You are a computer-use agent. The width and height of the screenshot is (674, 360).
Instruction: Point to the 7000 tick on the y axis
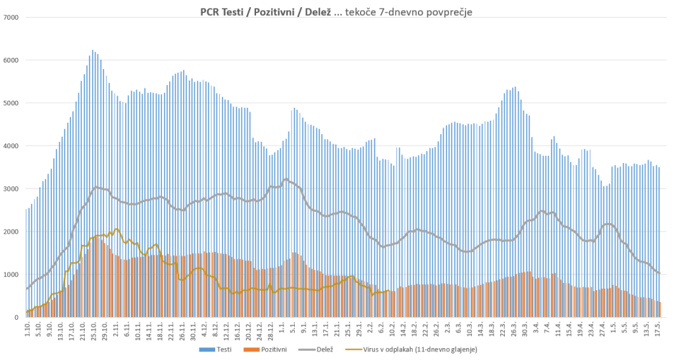pyautogui.click(x=11, y=17)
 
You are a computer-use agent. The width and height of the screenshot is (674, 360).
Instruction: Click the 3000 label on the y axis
pyautogui.click(x=11, y=189)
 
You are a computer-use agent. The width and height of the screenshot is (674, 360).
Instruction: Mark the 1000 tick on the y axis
pyautogui.click(x=11, y=274)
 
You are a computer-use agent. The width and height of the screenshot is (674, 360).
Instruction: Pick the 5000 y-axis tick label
pyautogui.click(x=11, y=103)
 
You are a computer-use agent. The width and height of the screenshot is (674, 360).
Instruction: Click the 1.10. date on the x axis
pyautogui.click(x=27, y=329)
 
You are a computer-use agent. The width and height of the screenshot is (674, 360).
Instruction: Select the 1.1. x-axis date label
pyautogui.click(x=282, y=328)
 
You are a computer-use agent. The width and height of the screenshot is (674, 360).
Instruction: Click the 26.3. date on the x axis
pyautogui.click(x=513, y=330)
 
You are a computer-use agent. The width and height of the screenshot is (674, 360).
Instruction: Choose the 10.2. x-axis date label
pyautogui.click(x=392, y=330)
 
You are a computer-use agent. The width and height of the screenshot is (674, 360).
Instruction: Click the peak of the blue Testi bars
pyautogui.click(x=93, y=51)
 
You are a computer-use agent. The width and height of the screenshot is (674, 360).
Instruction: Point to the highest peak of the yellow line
pyautogui.click(x=117, y=229)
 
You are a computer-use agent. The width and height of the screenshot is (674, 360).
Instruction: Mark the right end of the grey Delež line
pyautogui.click(x=659, y=273)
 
